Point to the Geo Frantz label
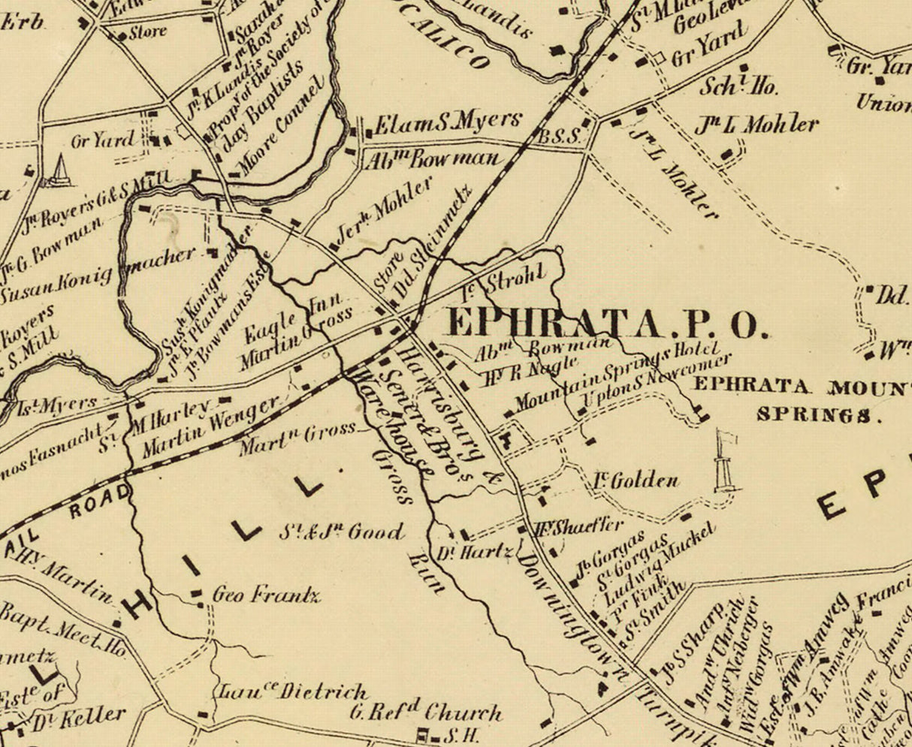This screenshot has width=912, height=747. point(266,596)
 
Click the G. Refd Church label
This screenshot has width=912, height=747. point(425,711)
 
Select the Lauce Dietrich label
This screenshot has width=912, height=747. point(293,691)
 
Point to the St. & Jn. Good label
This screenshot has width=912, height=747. point(341,532)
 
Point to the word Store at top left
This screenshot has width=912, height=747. point(147,33)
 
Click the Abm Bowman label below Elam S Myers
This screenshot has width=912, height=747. point(434,158)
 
